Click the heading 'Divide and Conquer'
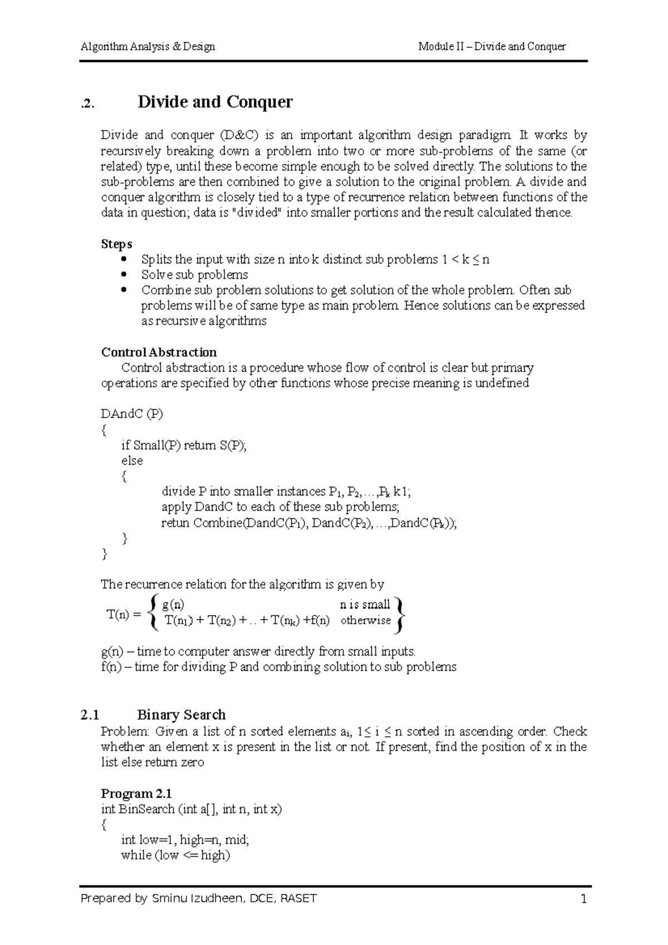coord(215,102)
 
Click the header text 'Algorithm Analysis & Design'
coord(148,47)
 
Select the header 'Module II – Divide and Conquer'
coord(492,47)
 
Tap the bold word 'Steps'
coord(116,244)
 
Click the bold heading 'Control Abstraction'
coord(159,353)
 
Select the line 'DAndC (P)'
coord(132,414)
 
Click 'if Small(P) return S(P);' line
coord(184,445)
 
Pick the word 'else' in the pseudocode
coord(132,461)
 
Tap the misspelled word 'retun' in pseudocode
coord(175,523)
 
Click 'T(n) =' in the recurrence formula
coord(124,615)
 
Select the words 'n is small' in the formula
coord(365,605)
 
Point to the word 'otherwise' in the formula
coord(365,621)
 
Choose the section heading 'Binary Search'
coord(181,715)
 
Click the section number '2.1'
coord(89,715)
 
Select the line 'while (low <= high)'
coord(175,855)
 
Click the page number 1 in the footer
coord(583,899)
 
